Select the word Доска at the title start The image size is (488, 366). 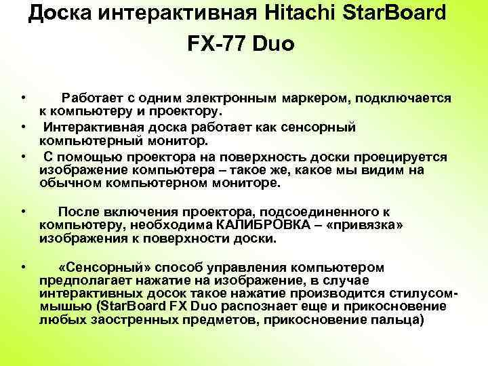pyautogui.click(x=60, y=14)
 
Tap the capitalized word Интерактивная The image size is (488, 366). pyautogui.click(x=96, y=127)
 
